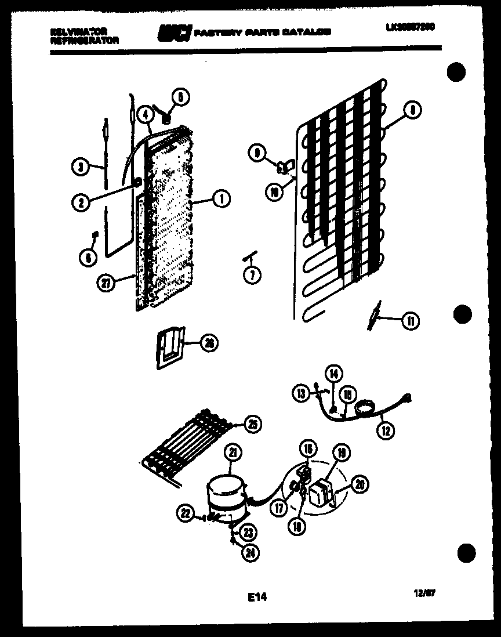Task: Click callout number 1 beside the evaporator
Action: pyautogui.click(x=220, y=200)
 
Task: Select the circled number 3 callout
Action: pyautogui.click(x=81, y=167)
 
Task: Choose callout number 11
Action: pyautogui.click(x=411, y=320)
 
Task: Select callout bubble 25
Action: pyautogui.click(x=251, y=424)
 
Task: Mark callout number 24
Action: pyautogui.click(x=249, y=552)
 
